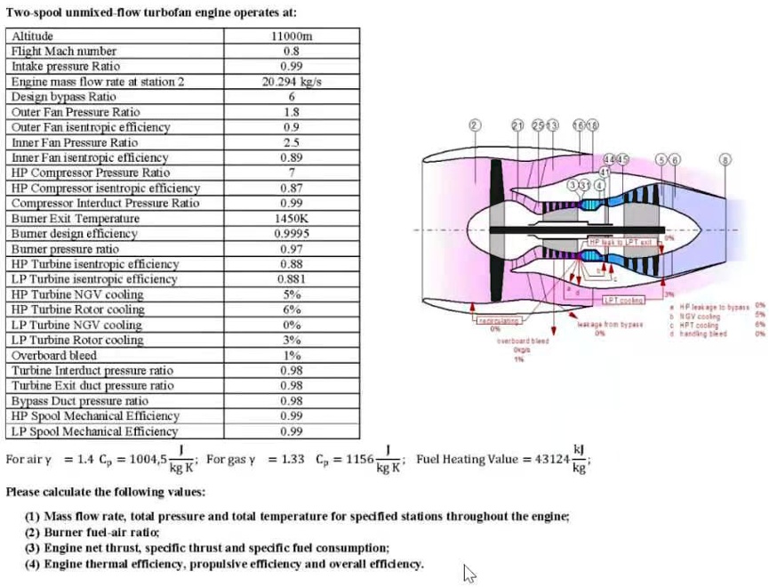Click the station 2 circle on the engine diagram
click(x=474, y=125)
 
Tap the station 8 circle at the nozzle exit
click(x=726, y=159)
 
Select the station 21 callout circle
click(x=517, y=125)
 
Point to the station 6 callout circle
click(x=675, y=159)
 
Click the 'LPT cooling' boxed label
click(x=623, y=301)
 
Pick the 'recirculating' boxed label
click(x=499, y=319)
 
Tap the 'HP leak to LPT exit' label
click(x=621, y=242)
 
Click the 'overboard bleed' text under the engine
click(x=522, y=341)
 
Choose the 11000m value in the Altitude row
click(x=291, y=36)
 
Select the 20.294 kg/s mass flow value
click(x=291, y=82)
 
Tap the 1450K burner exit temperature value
click(x=291, y=219)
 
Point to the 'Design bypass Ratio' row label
click(x=63, y=97)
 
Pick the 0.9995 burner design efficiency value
click(x=291, y=234)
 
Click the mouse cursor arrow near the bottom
click(x=469, y=574)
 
